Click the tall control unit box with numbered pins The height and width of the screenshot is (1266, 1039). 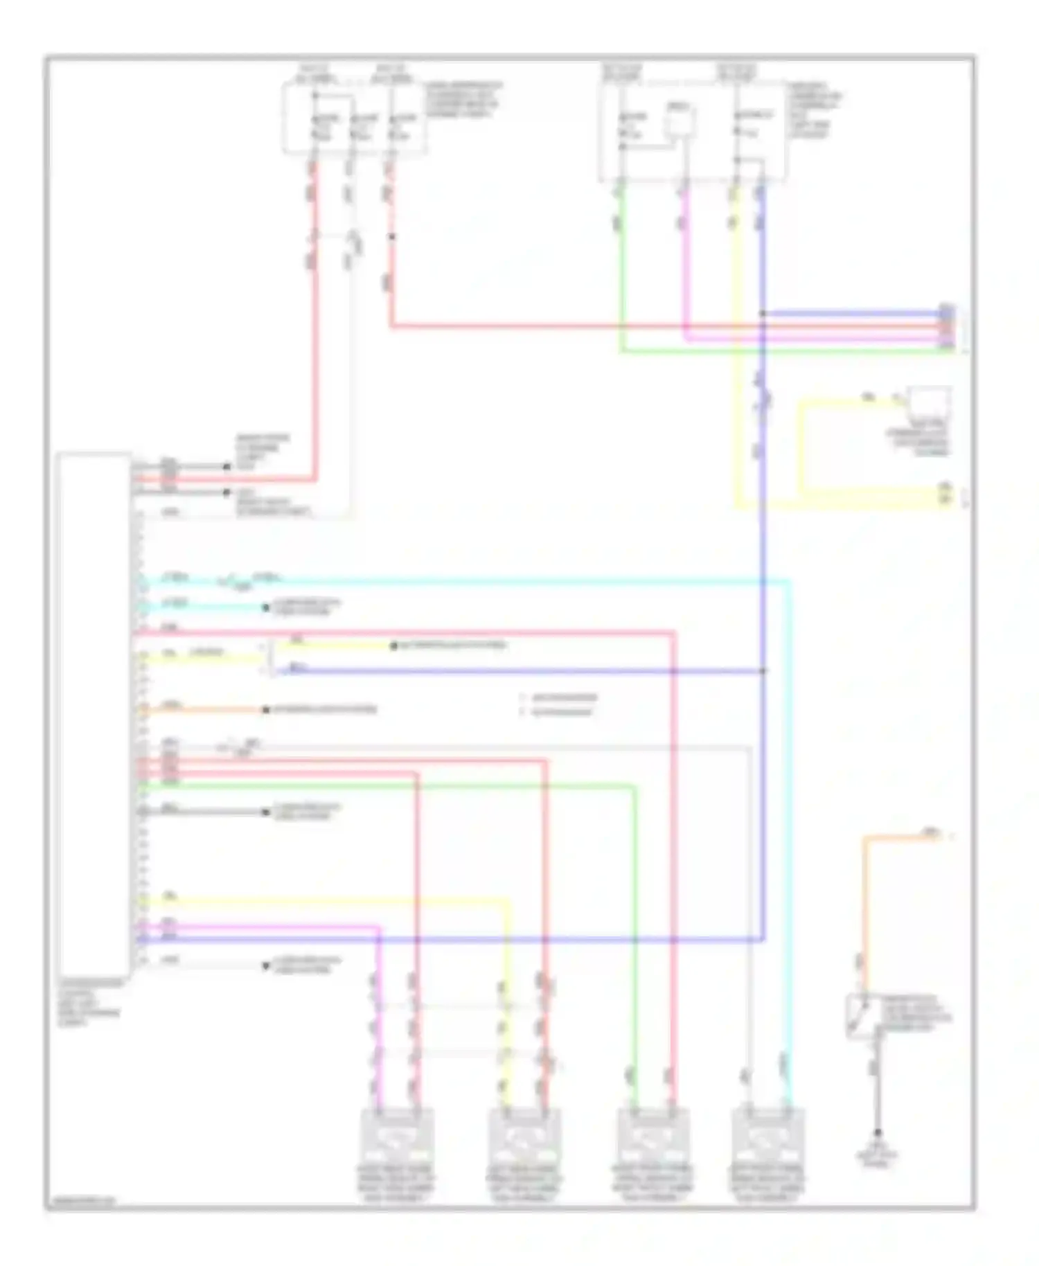(94, 713)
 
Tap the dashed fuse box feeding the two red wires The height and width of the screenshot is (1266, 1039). (353, 118)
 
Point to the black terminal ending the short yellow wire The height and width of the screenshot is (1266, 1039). (393, 646)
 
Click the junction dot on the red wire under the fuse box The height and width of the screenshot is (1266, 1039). (391, 237)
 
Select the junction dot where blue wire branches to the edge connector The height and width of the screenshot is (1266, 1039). (763, 314)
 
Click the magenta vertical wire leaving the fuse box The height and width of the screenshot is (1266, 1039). (684, 263)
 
